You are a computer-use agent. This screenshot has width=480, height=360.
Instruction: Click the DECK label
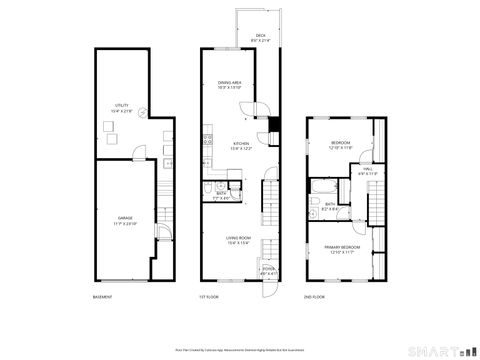click(x=260, y=37)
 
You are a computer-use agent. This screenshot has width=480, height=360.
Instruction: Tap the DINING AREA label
click(x=240, y=84)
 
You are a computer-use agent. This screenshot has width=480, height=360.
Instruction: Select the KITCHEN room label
click(x=241, y=145)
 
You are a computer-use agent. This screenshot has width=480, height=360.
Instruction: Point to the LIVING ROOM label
click(x=239, y=238)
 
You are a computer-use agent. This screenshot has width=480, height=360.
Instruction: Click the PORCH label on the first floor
click(x=268, y=270)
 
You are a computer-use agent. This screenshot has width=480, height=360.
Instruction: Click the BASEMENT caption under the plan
click(x=102, y=297)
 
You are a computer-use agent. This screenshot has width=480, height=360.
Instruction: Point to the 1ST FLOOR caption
click(x=208, y=297)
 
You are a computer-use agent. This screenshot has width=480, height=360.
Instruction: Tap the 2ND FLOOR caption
click(x=314, y=297)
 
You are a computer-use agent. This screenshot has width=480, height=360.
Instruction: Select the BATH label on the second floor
click(x=330, y=206)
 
